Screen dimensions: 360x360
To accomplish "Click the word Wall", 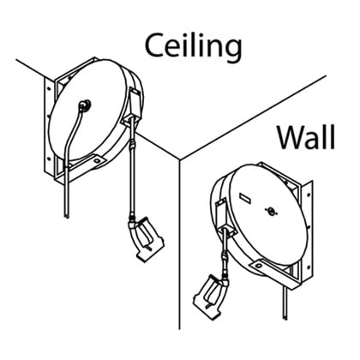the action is click(306, 138).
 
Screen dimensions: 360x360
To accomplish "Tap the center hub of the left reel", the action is click(85, 105).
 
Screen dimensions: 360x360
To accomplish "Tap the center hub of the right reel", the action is click(271, 211).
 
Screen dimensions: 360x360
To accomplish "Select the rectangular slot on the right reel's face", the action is click(245, 198).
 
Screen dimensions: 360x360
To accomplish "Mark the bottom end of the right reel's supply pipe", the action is click(285, 318).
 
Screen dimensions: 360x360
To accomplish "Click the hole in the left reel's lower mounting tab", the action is click(96, 161).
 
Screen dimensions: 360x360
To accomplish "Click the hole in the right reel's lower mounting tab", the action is click(259, 266).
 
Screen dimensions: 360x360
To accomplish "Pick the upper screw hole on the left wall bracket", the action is click(49, 87).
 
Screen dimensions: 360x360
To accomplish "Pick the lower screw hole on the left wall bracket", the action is click(49, 158).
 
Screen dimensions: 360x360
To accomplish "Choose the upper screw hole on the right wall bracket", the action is click(309, 195).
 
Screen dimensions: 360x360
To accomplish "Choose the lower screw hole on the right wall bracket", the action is click(309, 267).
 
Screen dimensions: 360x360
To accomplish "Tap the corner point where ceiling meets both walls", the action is click(179, 159).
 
